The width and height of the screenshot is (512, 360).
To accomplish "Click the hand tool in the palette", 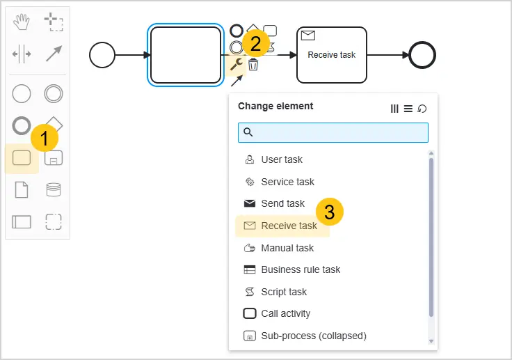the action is click(x=22, y=22).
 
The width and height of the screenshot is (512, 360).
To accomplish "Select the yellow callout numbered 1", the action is click(x=45, y=138).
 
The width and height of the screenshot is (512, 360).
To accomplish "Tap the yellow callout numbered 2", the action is click(x=256, y=43).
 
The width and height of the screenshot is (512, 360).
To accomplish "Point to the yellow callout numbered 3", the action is click(x=330, y=212).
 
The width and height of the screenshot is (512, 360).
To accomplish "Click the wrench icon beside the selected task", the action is click(x=236, y=64).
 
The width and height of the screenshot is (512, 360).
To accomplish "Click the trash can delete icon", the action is click(x=253, y=65).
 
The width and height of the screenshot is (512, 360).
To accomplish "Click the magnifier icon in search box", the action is click(x=248, y=132).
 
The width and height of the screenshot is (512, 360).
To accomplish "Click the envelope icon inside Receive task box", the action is click(x=308, y=36).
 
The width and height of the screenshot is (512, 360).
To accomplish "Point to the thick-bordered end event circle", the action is click(x=422, y=42).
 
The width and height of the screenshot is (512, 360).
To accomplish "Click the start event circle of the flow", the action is click(x=102, y=42).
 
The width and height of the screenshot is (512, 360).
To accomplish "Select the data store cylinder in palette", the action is click(x=54, y=189).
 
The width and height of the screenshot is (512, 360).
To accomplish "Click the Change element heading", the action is click(x=275, y=106).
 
